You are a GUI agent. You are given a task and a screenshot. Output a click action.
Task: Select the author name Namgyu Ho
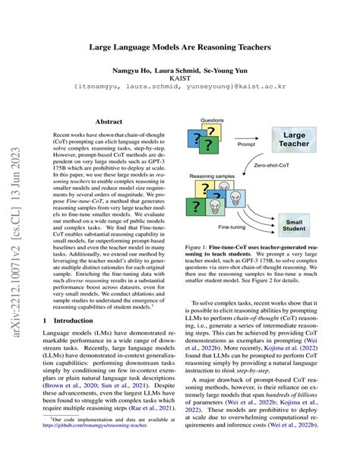(135, 69)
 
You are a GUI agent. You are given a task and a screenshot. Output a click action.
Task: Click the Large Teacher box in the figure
(304, 139)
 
